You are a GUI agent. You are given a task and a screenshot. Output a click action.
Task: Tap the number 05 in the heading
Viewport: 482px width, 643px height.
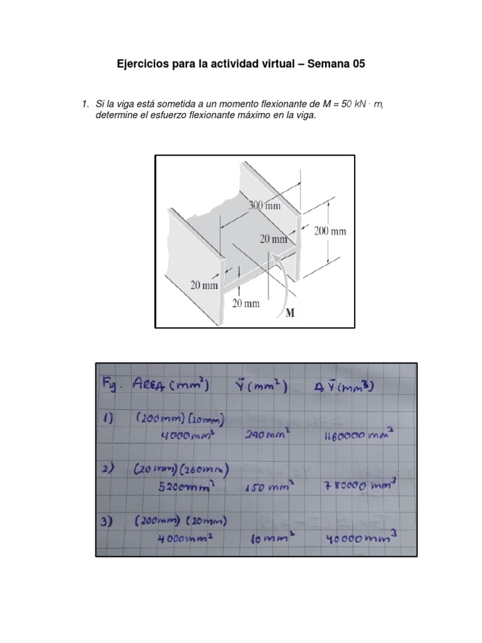pos(357,64)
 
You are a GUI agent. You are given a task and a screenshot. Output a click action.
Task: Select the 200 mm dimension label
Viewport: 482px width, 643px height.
pos(329,231)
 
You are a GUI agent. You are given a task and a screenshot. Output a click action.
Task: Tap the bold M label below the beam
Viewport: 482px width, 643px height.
pos(290,313)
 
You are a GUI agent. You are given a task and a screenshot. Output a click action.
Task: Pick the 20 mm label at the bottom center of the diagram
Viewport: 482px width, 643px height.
pos(246,303)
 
